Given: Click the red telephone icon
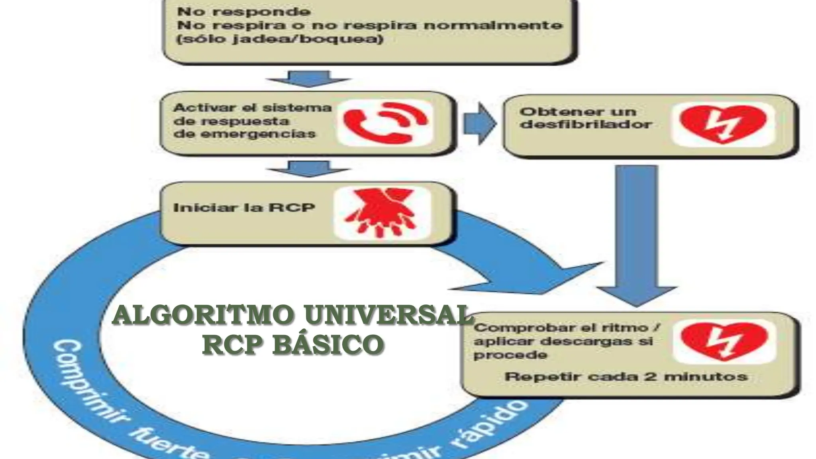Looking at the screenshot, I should pos(384,123).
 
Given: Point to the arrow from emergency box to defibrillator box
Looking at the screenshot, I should pos(479,124).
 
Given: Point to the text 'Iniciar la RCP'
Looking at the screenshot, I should pos(244,208).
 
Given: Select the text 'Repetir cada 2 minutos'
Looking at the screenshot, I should pos(626,377).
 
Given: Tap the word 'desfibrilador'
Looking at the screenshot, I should pos(586,124).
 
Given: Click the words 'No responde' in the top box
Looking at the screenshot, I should pos(243,11).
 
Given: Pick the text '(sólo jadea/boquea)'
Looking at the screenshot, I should pos(280,39).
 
